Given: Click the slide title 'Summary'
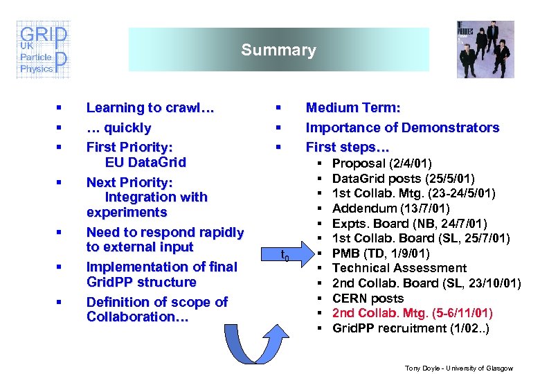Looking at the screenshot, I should click(x=278, y=50).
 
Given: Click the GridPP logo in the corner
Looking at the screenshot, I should click(x=43, y=50).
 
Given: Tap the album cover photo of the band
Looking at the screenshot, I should click(x=485, y=49).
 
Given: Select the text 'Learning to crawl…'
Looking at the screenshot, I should click(x=150, y=108).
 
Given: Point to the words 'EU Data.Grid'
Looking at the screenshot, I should click(x=145, y=163).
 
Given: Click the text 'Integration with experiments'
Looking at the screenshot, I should click(x=147, y=204).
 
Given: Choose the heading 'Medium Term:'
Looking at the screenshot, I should click(x=353, y=108).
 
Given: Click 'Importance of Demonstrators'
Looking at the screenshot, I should click(x=402, y=127).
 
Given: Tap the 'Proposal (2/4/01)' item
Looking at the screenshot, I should click(x=382, y=163).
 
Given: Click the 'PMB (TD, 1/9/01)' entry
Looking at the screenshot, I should click(x=381, y=253).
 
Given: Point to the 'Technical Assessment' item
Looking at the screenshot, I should click(x=399, y=268).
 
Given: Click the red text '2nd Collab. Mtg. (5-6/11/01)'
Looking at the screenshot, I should click(x=413, y=313).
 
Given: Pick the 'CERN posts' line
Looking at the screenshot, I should click(x=368, y=299).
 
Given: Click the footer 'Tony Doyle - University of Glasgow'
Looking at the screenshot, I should click(x=459, y=368).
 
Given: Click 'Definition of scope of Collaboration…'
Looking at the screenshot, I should click(x=156, y=310).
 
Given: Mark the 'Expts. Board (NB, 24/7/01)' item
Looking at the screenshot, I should click(x=409, y=223).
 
